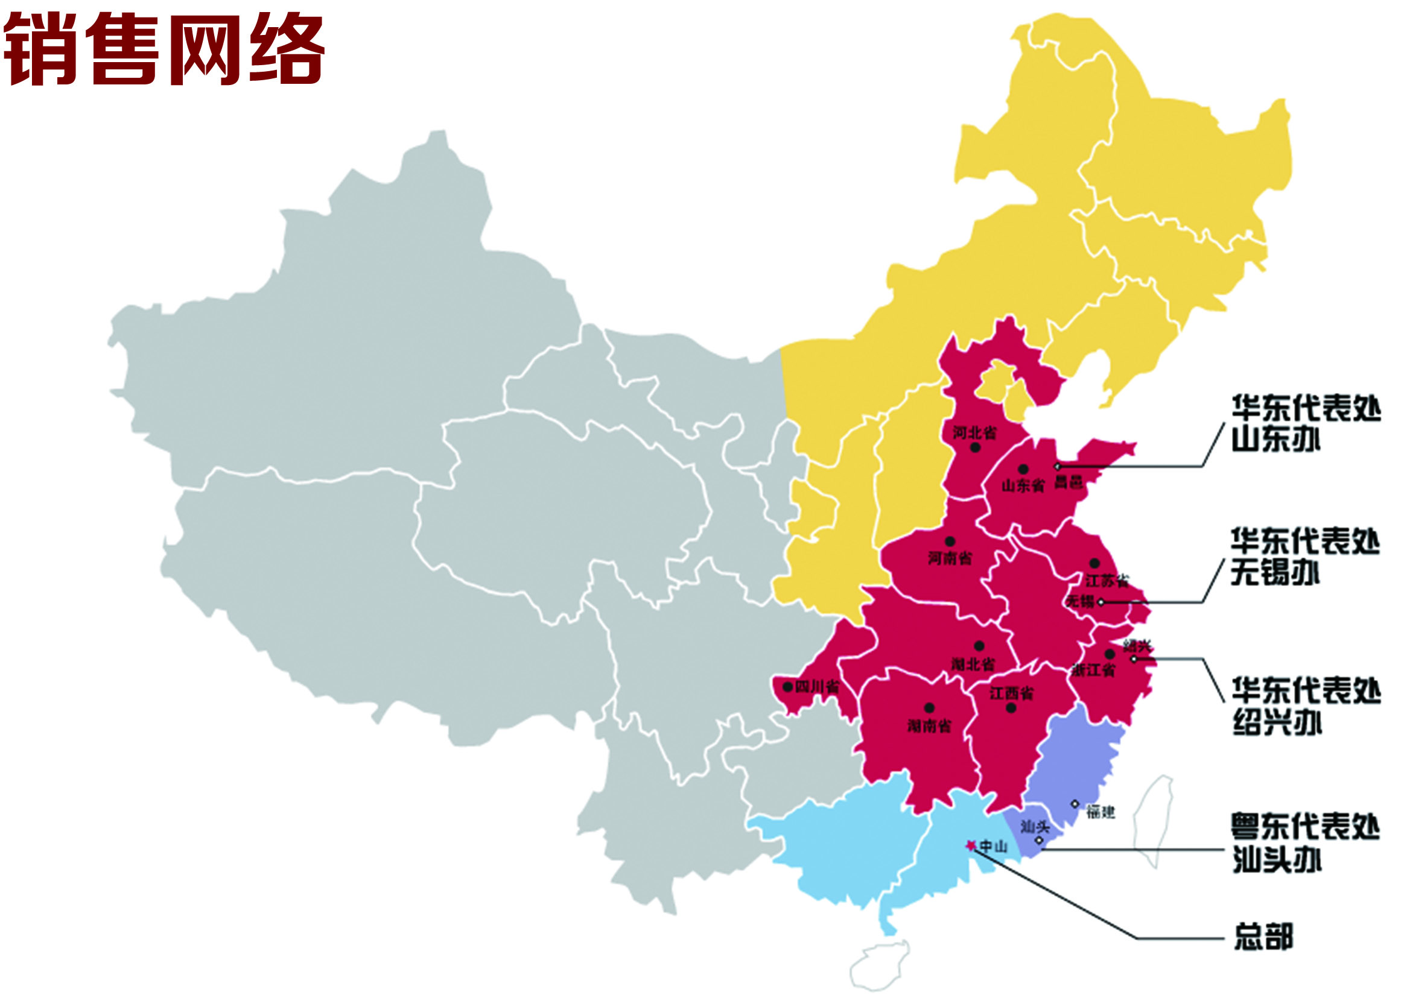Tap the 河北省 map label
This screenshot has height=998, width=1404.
(974, 432)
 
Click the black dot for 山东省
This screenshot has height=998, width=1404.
(1023, 470)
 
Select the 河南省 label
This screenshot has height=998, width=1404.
(950, 558)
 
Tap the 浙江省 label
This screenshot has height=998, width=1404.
(1093, 670)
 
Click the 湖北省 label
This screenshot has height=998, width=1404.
(973, 664)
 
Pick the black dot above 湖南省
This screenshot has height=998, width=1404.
(929, 708)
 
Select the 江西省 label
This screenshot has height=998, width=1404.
(1011, 693)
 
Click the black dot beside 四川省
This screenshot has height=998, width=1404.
(787, 686)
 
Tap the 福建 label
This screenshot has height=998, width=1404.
(1101, 812)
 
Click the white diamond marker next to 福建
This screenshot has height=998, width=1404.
(1075, 804)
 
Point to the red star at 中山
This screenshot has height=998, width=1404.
(971, 845)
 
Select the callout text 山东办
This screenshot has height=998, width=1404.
(1275, 439)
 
